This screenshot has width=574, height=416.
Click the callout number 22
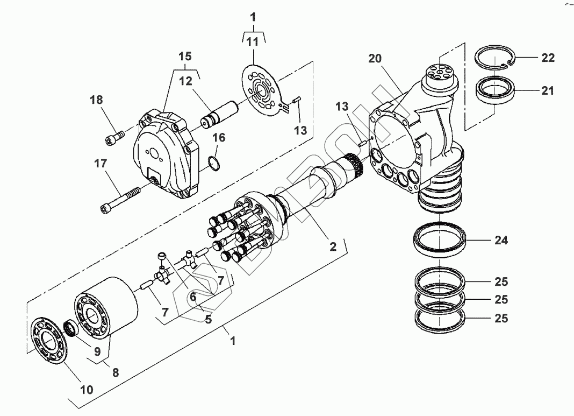pos(548,58)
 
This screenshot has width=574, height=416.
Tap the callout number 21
pos(547,91)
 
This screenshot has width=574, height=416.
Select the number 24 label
pos(501,241)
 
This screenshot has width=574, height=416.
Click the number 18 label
pos(96,100)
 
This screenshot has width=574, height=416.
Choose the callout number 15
pos(185,57)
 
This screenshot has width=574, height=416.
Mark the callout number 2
pos(333,247)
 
